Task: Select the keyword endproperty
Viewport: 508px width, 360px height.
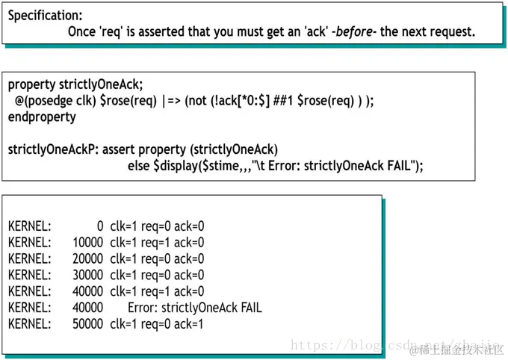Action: coord(43,117)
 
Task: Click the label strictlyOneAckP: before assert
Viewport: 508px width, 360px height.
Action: coord(53,149)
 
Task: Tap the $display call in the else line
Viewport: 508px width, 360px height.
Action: coord(180,166)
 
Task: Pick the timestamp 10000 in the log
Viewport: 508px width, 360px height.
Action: coord(87,242)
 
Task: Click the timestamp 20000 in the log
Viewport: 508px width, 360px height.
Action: coord(87,258)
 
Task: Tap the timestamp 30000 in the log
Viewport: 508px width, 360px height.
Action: coord(87,275)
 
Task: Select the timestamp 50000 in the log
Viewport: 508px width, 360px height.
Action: coord(87,324)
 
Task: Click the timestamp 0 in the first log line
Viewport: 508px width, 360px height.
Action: coord(100,226)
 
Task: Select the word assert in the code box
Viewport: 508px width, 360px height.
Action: coord(119,149)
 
